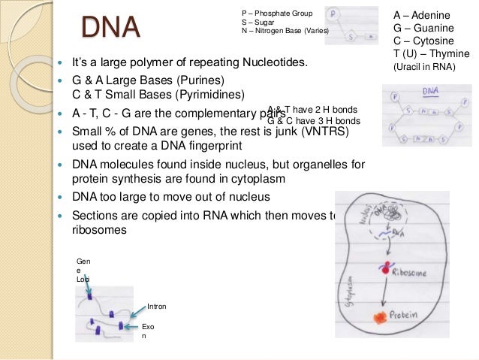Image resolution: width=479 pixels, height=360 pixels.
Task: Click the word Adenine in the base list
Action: point(435,14)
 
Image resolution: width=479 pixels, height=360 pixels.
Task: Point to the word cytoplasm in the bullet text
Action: point(258,179)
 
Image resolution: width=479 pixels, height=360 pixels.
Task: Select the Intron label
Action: point(157,307)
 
